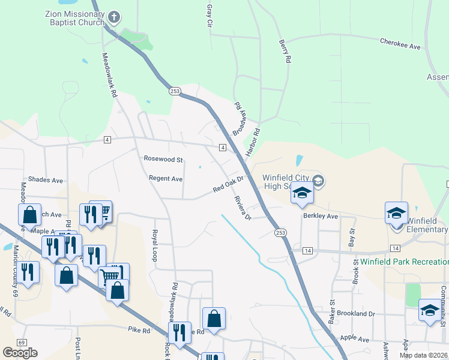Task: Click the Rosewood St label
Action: [x=163, y=160]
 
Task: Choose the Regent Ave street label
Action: [x=166, y=179]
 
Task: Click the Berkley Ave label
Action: [x=321, y=216]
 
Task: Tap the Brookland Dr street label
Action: [x=355, y=314]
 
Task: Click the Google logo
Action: [x=20, y=353]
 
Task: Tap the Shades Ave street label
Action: [x=46, y=180]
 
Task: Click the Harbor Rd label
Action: [x=253, y=141]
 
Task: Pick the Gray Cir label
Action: [x=209, y=15]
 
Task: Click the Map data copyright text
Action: [x=423, y=355]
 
